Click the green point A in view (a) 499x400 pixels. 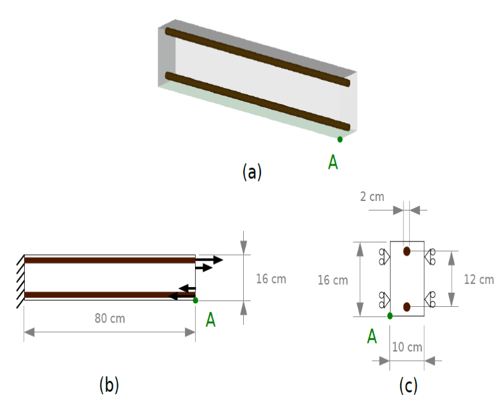coord(340,139)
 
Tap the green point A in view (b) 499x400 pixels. coord(196,300)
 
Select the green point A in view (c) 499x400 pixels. coord(390,316)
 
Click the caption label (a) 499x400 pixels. coord(252,172)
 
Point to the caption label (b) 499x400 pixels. coord(109,385)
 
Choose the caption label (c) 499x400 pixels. coord(408,385)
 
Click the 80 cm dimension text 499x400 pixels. coord(110,318)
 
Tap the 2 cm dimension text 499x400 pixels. coord(372,197)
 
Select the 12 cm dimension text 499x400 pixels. coord(479,280)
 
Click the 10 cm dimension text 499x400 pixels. coord(407,347)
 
